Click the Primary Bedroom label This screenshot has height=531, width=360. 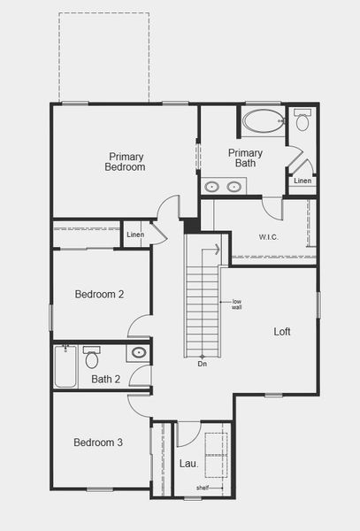click(x=125, y=161)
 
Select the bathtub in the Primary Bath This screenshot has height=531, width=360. click(x=263, y=122)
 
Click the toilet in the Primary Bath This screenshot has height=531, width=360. click(x=303, y=120)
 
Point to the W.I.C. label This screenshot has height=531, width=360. click(x=269, y=236)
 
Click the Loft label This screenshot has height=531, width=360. click(x=281, y=332)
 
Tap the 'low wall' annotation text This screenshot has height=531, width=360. click(x=237, y=305)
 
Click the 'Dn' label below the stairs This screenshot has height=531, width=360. click(x=202, y=364)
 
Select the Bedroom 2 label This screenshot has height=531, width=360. click(x=98, y=295)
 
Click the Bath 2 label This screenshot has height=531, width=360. click(x=105, y=380)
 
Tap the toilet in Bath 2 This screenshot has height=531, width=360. click(x=92, y=358)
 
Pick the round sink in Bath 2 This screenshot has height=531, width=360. click(x=139, y=353)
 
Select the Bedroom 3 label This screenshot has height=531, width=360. click(x=97, y=442)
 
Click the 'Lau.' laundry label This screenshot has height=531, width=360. click(x=188, y=463)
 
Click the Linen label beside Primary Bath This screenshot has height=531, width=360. click(x=303, y=181)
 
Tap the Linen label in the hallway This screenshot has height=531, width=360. click(x=135, y=235)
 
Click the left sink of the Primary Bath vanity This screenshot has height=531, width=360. click(x=212, y=187)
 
